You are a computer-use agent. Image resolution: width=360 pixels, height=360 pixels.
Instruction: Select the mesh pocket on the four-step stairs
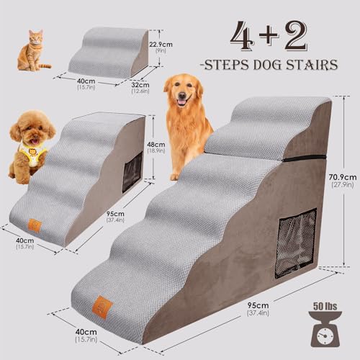(132, 171)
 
